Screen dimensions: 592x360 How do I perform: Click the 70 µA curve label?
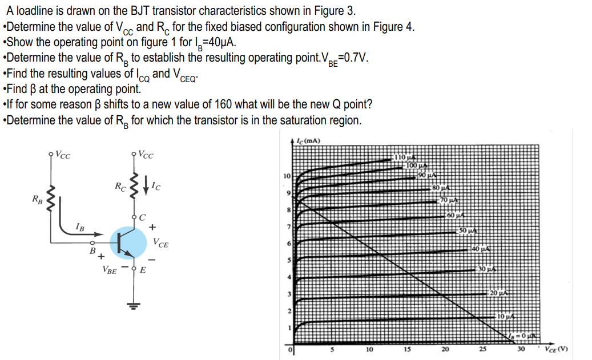click(449, 200)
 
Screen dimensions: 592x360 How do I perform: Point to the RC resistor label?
click(120, 186)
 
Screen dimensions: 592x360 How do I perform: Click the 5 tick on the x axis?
click(332, 350)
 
